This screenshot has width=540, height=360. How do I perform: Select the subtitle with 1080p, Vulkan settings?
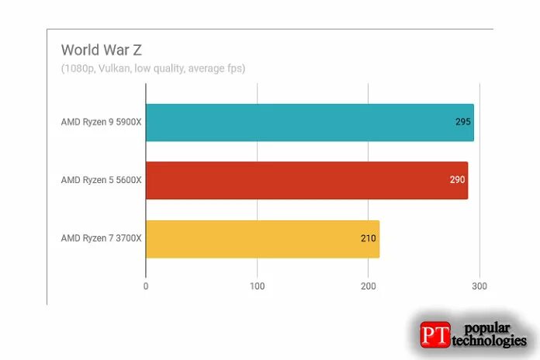click(153, 68)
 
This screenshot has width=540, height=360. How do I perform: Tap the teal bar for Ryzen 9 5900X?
click(310, 122)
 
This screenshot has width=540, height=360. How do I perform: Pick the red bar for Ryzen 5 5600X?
click(306, 180)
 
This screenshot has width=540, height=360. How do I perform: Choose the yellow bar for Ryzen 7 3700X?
click(262, 239)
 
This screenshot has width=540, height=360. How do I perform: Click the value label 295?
click(463, 122)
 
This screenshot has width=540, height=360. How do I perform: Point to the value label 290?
click(457, 180)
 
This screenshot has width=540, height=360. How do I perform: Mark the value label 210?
click(369, 239)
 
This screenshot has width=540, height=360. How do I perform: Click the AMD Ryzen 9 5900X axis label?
click(101, 122)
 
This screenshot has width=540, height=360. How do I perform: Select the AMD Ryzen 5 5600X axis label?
click(101, 180)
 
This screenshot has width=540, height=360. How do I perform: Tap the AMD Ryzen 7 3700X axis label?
click(101, 239)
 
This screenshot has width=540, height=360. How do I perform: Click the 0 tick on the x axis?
click(146, 287)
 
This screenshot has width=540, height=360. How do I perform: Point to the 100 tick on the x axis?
click(257, 287)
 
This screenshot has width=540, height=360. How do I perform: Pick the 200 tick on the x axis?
click(369, 287)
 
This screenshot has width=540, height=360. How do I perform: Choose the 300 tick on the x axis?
click(479, 287)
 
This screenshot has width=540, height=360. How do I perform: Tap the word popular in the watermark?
click(490, 327)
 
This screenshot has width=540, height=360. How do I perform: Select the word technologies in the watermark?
click(491, 341)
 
